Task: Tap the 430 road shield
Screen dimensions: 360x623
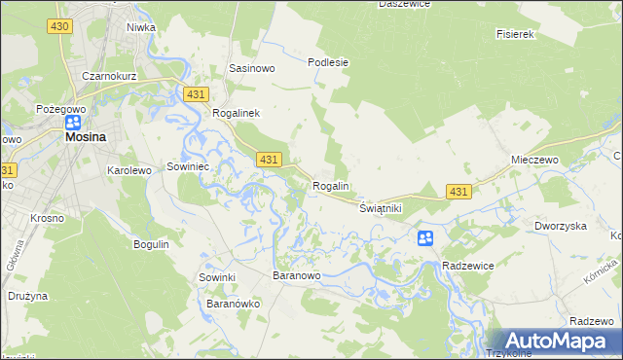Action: pyautogui.click(x=59, y=25)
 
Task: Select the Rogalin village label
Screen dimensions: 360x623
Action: pyautogui.click(x=331, y=186)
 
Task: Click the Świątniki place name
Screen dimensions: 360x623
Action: pyautogui.click(x=381, y=208)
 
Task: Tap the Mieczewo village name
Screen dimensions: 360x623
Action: pyautogui.click(x=532, y=159)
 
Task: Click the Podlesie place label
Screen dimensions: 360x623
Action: pyautogui.click(x=328, y=62)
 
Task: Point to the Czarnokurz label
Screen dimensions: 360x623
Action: pyautogui.click(x=108, y=76)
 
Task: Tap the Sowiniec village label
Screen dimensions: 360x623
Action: pyautogui.click(x=190, y=166)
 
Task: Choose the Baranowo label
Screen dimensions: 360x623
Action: pyautogui.click(x=297, y=276)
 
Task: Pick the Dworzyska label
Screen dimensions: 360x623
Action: pyautogui.click(x=560, y=226)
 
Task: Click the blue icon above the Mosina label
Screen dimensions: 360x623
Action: pyautogui.click(x=73, y=123)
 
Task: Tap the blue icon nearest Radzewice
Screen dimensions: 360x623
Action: pyautogui.click(x=425, y=238)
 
